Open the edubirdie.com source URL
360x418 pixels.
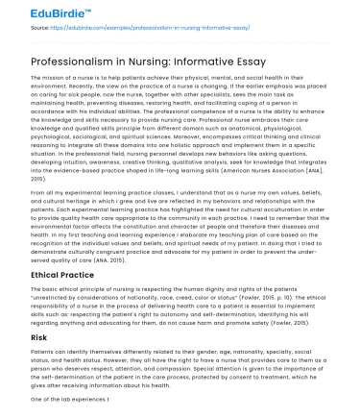144,30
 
